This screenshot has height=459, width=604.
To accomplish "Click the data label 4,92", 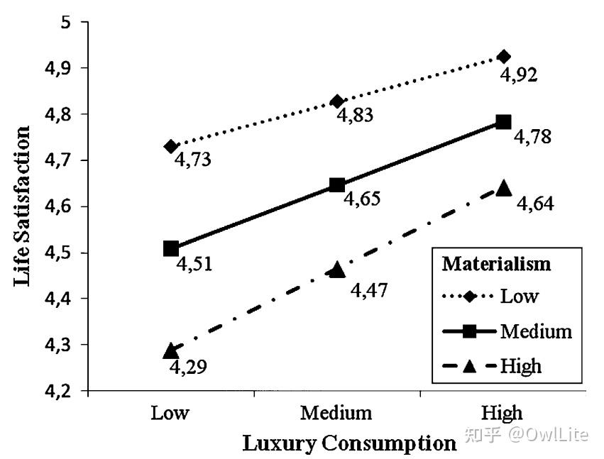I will point(519,74).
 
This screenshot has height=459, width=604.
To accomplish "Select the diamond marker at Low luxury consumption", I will point(170,146).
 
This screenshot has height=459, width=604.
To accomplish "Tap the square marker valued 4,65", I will point(337,186).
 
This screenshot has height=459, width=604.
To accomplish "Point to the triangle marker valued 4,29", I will point(170,350).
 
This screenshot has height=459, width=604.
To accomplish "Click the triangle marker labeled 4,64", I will point(504,188).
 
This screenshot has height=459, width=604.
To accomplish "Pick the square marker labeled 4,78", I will point(504,122).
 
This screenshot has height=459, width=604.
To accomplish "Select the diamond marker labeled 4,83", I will point(337,101).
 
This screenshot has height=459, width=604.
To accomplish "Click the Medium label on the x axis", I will point(336,413).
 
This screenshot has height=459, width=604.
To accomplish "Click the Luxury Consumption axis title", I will point(349,443).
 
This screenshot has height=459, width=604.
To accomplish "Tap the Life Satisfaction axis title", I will point(21,206).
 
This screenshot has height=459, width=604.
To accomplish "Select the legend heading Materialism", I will point(496,264).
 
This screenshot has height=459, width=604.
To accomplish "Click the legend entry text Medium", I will point(535,331).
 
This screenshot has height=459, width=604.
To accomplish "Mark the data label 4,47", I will point(370,289).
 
